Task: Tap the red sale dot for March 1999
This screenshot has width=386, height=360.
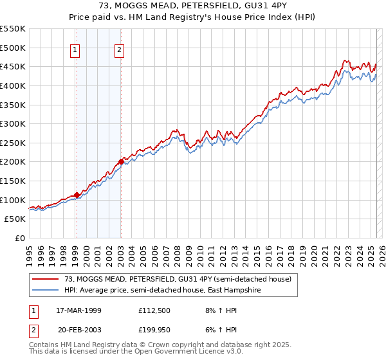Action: click(x=77, y=195)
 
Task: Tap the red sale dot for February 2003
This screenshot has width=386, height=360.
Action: click(x=121, y=162)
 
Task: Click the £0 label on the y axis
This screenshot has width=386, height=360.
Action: click(x=19, y=238)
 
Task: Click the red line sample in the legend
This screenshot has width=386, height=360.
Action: click(x=46, y=279)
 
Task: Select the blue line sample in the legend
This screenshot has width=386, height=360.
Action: click(x=46, y=290)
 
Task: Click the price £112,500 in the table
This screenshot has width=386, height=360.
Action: click(x=154, y=310)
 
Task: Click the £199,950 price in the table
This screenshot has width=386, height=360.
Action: click(x=154, y=330)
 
